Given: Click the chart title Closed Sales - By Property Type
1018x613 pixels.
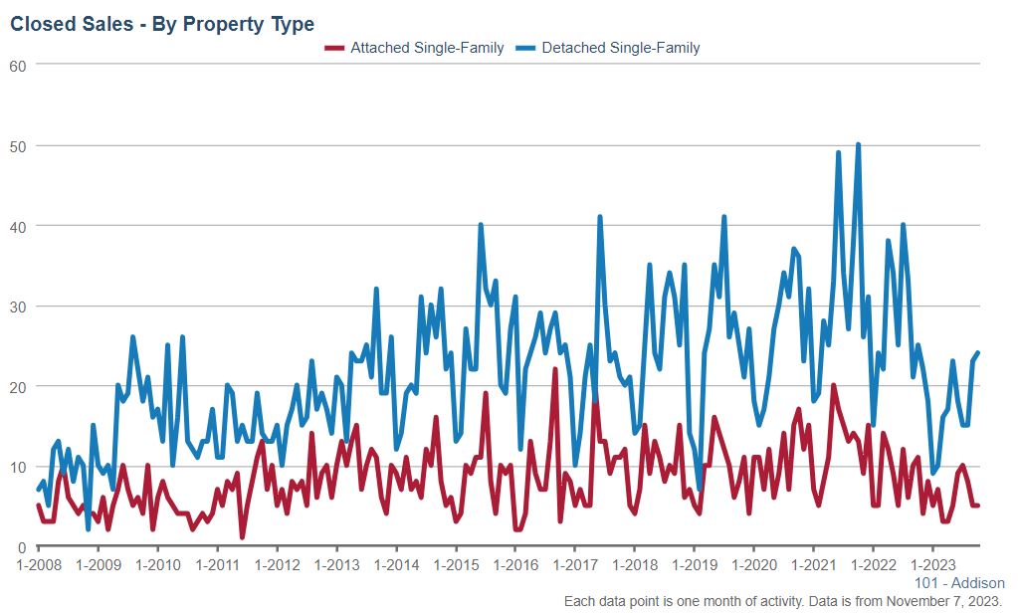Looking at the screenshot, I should (x=162, y=24).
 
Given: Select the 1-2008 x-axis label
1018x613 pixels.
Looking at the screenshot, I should (x=38, y=564).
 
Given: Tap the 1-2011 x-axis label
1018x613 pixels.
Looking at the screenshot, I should (x=217, y=564).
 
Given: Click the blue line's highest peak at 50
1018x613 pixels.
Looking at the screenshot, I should (x=858, y=145).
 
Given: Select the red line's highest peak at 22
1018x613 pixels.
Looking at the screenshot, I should (x=554, y=370).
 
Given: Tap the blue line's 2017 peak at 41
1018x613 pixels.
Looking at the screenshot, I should (x=600, y=217).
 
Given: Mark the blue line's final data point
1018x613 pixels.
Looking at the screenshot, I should (x=978, y=353).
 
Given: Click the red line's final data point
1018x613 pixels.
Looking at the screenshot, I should (x=978, y=506).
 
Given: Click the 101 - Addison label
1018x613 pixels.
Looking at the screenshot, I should (x=959, y=583).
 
